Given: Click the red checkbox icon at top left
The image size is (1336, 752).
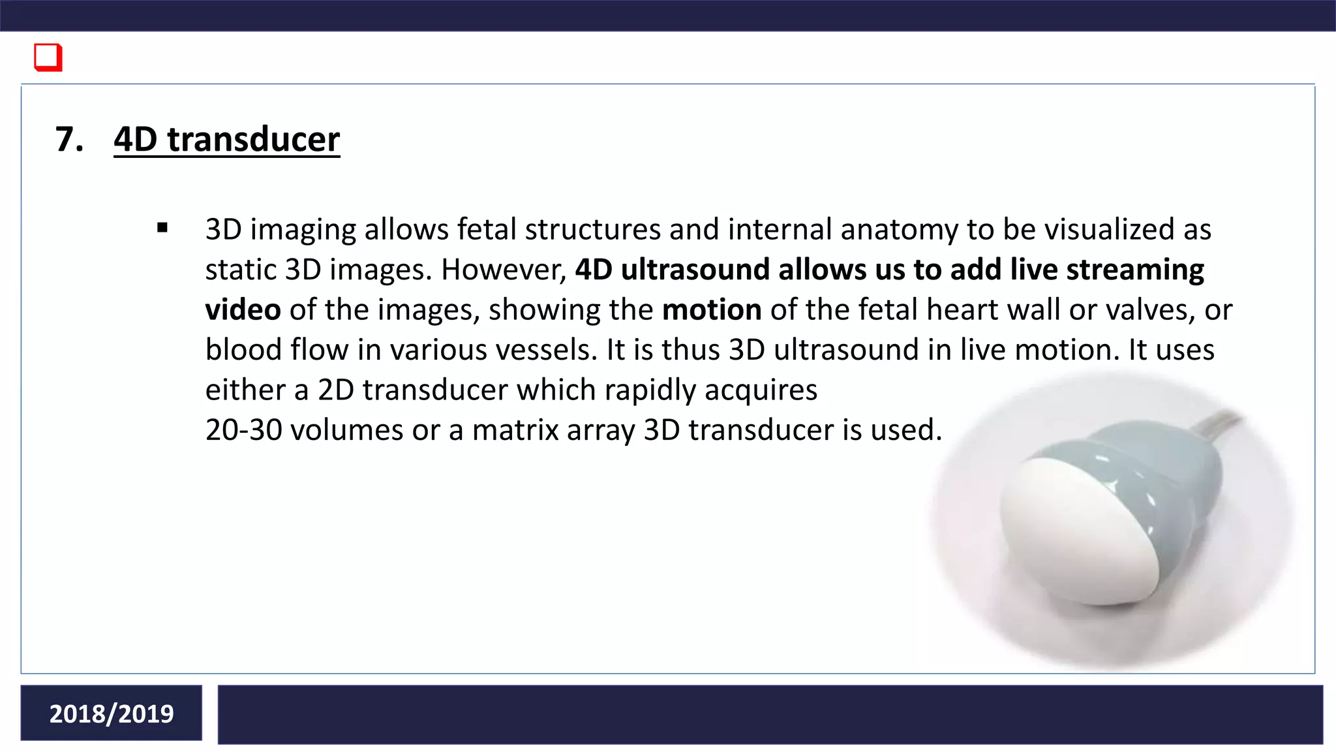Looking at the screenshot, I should click(48, 57).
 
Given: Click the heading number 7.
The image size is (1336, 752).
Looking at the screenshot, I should click(69, 140).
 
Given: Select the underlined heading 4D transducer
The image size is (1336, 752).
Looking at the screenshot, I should click(226, 140).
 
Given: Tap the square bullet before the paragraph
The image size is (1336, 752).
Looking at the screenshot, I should click(162, 228).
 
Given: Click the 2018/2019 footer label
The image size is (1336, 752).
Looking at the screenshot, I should click(112, 713).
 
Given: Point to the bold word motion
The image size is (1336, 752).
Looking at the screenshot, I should click(712, 310).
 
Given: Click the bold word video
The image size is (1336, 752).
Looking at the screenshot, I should click(243, 310).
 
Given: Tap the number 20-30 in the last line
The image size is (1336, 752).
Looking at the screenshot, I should click(243, 430).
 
